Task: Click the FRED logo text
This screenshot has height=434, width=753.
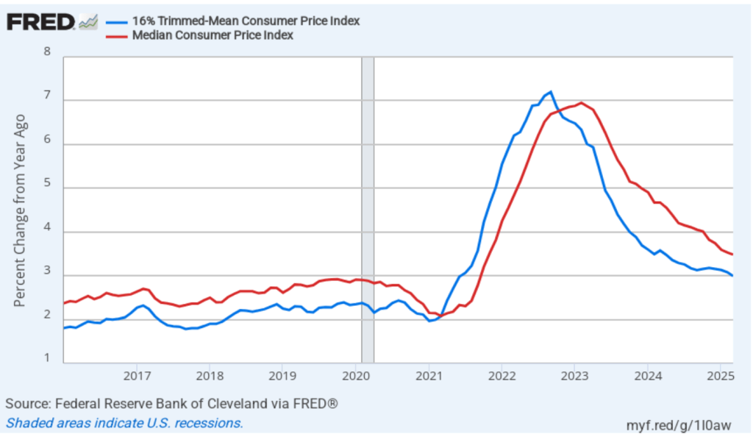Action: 40,22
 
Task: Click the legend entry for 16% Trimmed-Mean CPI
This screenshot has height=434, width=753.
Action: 245,21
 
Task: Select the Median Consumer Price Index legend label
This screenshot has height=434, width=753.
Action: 214,35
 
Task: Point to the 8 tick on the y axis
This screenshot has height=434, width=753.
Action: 48,53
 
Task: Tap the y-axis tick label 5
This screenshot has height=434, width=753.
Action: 48,187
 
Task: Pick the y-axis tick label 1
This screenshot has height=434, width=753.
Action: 48,359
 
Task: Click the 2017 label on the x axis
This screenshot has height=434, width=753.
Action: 137,377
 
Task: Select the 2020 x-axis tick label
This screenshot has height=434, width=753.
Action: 355,377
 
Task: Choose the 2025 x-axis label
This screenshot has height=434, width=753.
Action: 720,377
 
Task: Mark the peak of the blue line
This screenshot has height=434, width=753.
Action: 550,92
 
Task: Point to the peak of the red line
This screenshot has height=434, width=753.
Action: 581,103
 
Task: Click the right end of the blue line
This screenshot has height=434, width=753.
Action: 732,275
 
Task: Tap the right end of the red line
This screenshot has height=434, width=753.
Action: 732,255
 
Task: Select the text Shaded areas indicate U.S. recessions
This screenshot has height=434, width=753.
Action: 124,423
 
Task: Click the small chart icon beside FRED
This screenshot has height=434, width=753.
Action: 88,22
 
